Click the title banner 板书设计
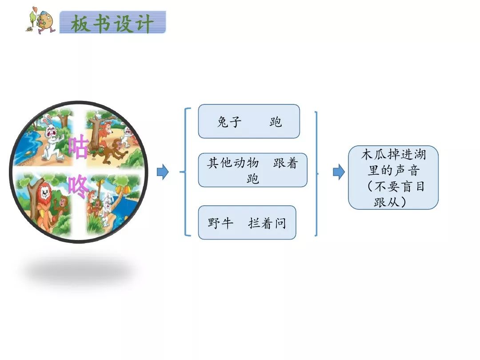tap(112, 23)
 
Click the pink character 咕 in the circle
tap(79, 148)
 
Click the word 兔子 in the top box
tap(229, 122)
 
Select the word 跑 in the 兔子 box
tap(276, 122)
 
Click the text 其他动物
tap(233, 163)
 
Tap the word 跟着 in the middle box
tap(285, 163)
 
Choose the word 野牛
tap(220, 223)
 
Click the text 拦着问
tap(267, 223)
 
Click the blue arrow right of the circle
tap(163, 172)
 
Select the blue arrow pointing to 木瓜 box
tap(339, 172)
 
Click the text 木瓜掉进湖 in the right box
tap(393, 156)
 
